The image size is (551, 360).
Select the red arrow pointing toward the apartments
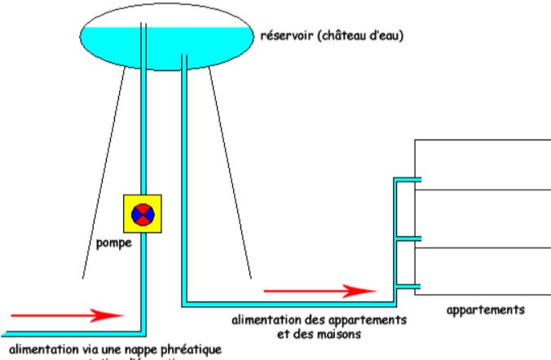319,290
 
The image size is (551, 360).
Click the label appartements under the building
487,310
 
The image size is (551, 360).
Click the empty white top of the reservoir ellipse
163,18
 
